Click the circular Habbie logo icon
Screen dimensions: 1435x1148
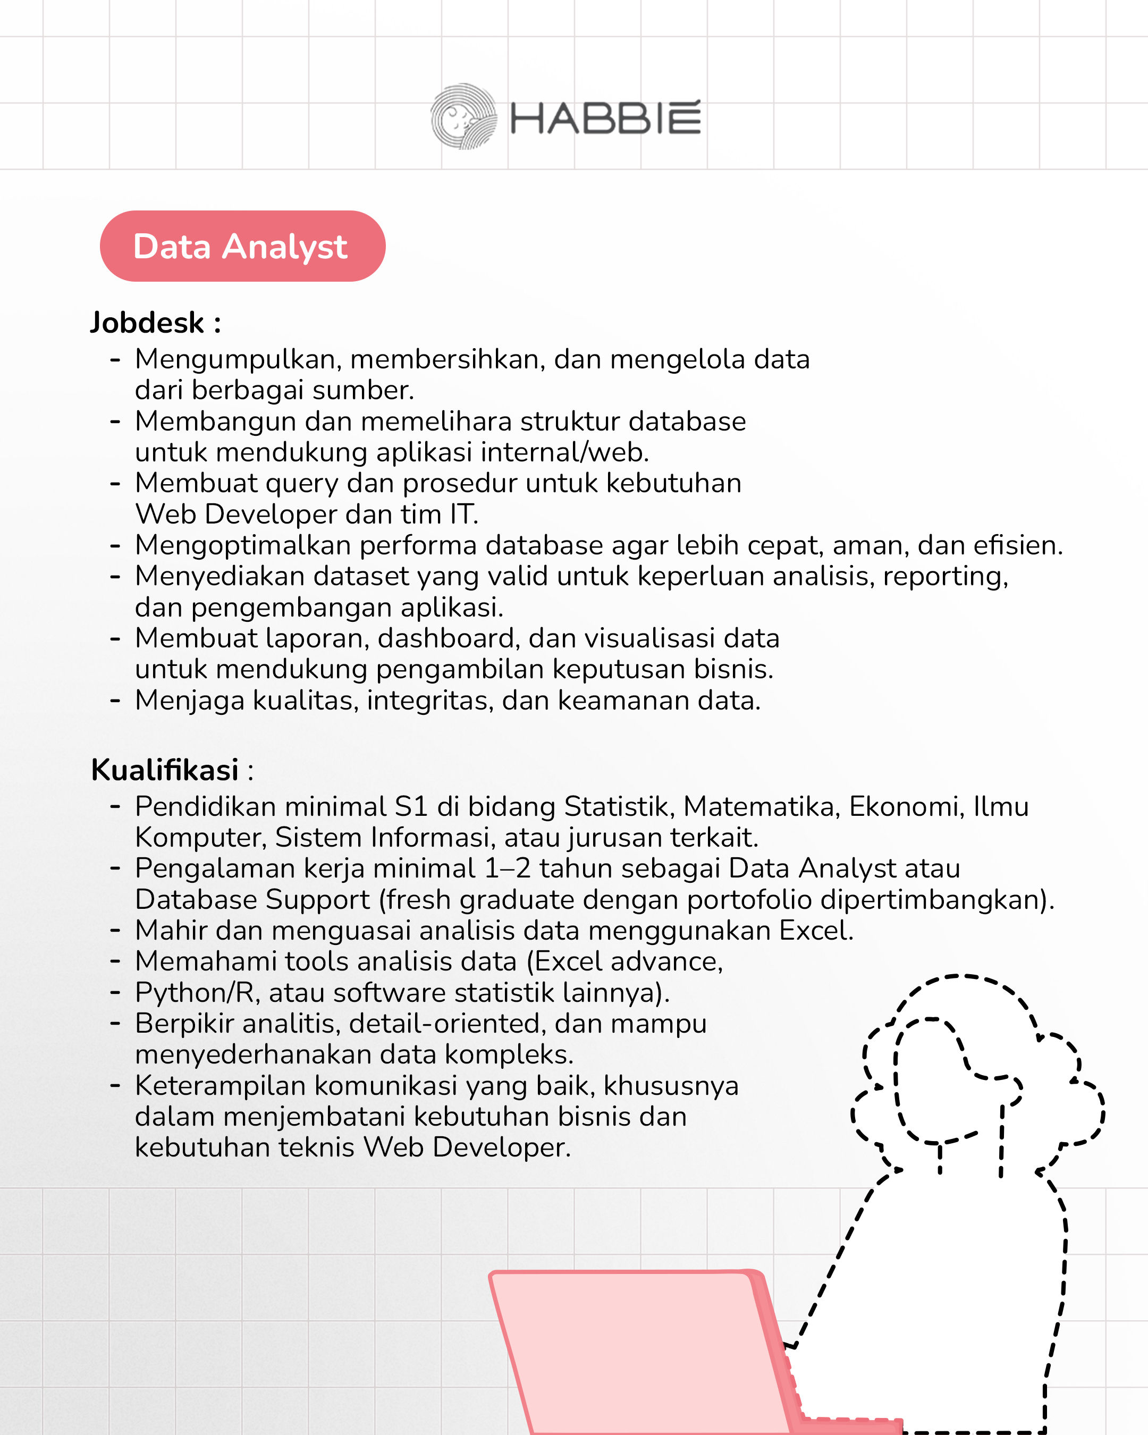(x=463, y=116)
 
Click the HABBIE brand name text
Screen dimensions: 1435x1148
(x=605, y=119)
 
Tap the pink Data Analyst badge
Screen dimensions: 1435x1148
(x=242, y=246)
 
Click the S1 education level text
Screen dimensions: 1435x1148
(x=411, y=807)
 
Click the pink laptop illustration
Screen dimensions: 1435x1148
(x=639, y=1351)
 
